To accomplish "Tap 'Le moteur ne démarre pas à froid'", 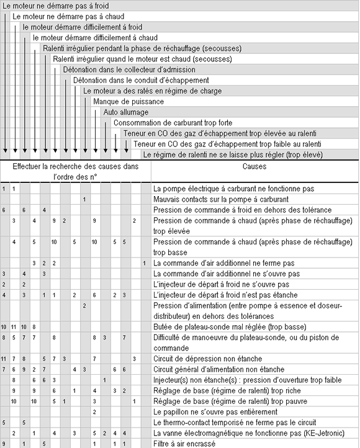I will pyautogui.click(x=44, y=6).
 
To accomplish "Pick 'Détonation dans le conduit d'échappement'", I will pyautogui.click(x=141, y=80).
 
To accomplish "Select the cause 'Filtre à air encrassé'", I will pyautogui.click(x=184, y=444).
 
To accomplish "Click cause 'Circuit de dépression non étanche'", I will pyautogui.click(x=207, y=359).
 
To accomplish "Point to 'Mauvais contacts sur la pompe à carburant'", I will pyautogui.click(x=220, y=199).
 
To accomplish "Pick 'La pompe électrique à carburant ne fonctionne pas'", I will pyautogui.click(x=233, y=189).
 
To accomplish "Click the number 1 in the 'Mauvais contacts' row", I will pyautogui.click(x=84, y=199).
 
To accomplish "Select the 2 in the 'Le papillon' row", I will pyautogui.click(x=94, y=411).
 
